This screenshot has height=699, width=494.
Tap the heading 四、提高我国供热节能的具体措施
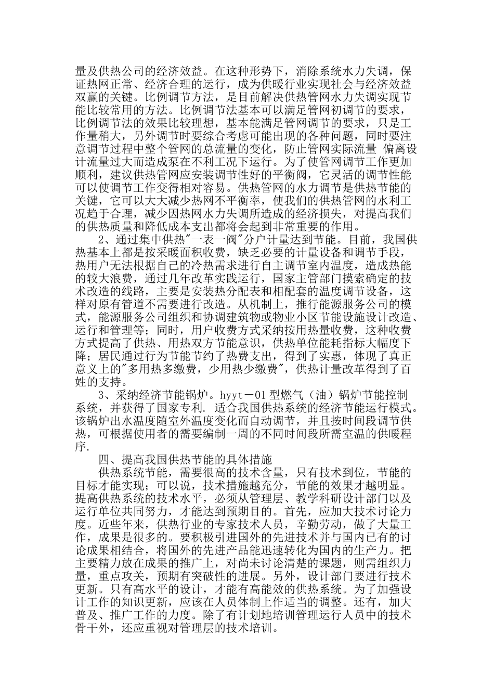(185, 459)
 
